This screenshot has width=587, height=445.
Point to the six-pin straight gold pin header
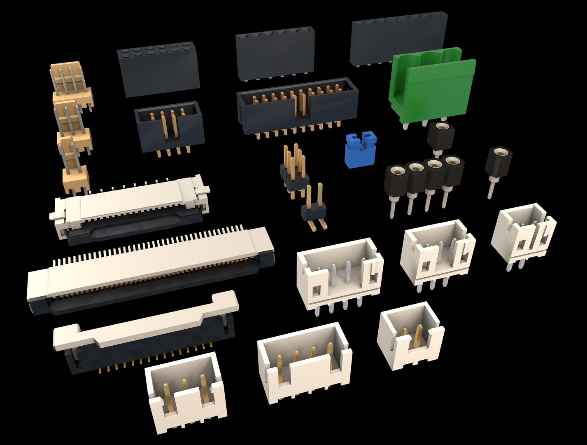pyautogui.click(x=294, y=173)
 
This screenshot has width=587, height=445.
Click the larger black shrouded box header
pyautogui.click(x=296, y=107)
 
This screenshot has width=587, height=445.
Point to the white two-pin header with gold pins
pyautogui.click(x=410, y=336)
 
